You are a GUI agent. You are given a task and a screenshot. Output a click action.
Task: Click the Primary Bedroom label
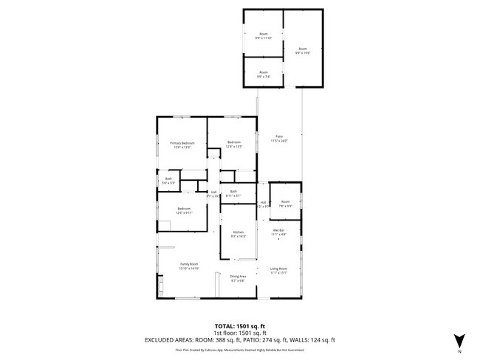[x=182, y=145]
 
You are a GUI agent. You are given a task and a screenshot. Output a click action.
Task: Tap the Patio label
[x=279, y=138]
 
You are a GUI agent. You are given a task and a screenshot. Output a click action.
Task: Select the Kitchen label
[x=238, y=234]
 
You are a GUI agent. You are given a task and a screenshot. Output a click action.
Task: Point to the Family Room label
[x=189, y=266]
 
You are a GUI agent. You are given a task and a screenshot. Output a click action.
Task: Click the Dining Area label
[x=239, y=278]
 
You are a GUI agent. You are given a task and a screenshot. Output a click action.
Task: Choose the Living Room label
[x=278, y=270]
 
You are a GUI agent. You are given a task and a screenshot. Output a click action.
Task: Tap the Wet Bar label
[x=278, y=232]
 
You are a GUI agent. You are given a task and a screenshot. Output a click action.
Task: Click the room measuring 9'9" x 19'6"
[x=302, y=50]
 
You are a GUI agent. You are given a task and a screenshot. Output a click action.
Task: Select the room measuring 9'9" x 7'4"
[x=263, y=74]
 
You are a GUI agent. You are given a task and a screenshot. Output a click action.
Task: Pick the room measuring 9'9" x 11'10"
[x=263, y=35]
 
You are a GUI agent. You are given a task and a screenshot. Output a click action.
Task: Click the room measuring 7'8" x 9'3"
[x=285, y=204]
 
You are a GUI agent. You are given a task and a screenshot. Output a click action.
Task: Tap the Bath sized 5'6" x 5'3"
[x=168, y=181]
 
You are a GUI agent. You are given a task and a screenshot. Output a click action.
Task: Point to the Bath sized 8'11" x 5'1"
[x=233, y=193]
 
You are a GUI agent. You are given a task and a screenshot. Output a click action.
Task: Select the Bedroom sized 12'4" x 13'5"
[x=234, y=144]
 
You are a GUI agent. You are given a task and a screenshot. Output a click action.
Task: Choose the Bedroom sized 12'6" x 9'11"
[x=184, y=211]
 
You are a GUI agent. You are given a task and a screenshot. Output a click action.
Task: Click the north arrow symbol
[x=459, y=340]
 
